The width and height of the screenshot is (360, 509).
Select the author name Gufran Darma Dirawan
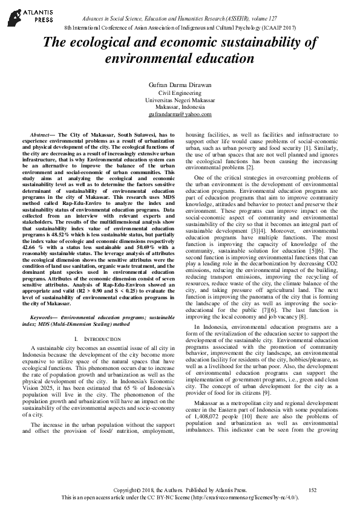pyautogui.click(x=180, y=85)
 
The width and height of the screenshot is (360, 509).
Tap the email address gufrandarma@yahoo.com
pyautogui.click(x=180, y=114)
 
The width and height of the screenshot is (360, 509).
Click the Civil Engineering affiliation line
pyautogui.click(x=180, y=93)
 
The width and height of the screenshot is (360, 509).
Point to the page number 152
pyautogui.click(x=312, y=489)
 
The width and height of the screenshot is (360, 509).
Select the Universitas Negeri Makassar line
pyautogui.click(x=180, y=100)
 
